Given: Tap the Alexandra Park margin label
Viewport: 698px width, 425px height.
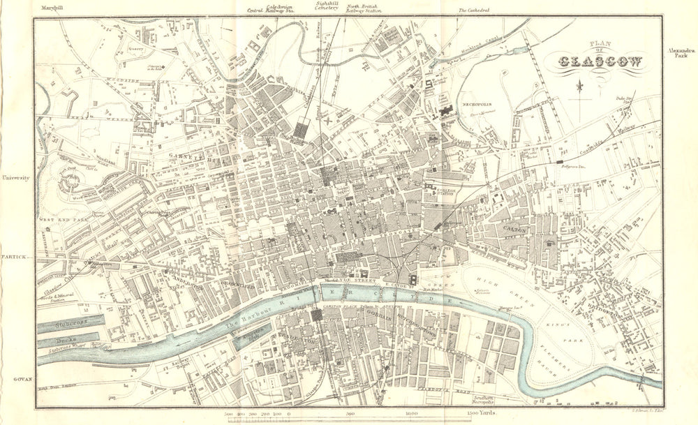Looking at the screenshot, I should click(679, 56).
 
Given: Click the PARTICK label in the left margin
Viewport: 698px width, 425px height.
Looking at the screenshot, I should click(14, 257).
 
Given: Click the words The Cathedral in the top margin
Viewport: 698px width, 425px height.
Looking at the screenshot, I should click(474, 10).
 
